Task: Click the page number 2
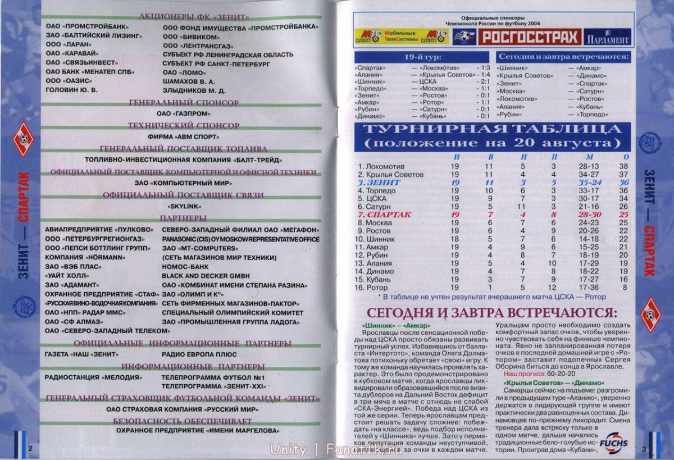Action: coord(30,448)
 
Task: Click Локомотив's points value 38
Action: coord(623,167)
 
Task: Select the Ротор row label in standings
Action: coord(376,288)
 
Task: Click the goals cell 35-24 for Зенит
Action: coord(588,183)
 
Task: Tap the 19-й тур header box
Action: coord(422,57)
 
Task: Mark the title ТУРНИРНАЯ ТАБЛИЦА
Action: coord(492,130)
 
